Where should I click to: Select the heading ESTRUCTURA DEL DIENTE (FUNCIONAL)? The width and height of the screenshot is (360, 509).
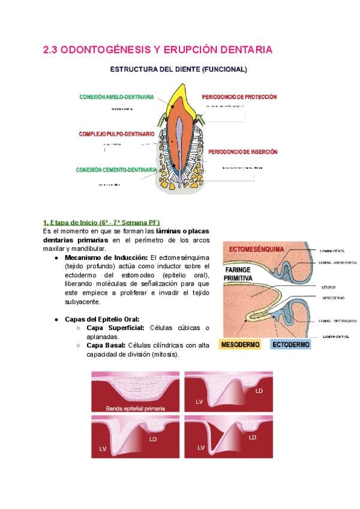(x=178, y=70)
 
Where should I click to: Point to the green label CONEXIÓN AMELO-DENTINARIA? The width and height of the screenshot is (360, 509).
(x=116, y=97)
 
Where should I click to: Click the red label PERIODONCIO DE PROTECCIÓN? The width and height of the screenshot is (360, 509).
(x=239, y=97)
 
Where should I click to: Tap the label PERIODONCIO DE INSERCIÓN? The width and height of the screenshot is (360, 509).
(x=243, y=152)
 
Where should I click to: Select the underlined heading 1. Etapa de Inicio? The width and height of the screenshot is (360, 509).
(x=101, y=223)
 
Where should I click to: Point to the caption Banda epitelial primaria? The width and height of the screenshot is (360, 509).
(x=135, y=408)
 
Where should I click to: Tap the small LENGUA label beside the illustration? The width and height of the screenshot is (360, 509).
(x=328, y=287)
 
